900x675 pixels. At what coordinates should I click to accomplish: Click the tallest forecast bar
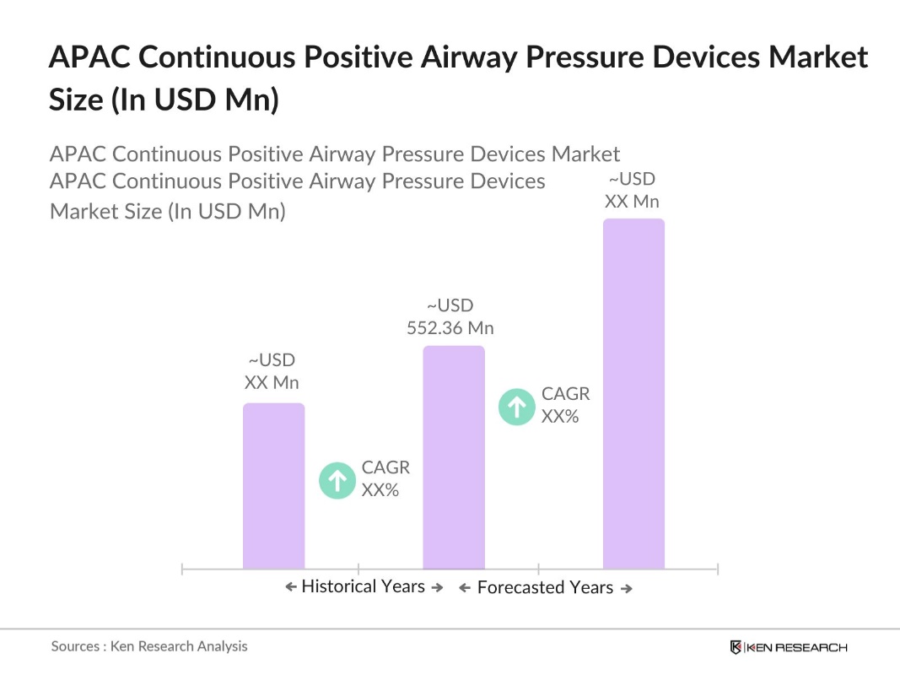click(633, 393)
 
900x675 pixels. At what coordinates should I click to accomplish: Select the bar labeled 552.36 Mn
click(454, 456)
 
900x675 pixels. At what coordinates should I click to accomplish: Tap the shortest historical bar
click(273, 485)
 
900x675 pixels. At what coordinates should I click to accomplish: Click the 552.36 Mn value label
click(450, 328)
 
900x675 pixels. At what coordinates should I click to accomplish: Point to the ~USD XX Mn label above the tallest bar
click(632, 191)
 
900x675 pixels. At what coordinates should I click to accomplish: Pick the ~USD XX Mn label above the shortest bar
click(272, 372)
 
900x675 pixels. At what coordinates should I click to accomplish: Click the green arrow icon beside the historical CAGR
click(337, 481)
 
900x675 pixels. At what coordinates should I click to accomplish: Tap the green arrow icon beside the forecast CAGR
click(517, 407)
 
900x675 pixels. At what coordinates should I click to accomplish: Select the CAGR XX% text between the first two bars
click(385, 478)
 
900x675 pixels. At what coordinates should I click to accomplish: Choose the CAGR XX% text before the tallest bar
click(564, 404)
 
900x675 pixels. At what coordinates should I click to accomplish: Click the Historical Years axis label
click(363, 586)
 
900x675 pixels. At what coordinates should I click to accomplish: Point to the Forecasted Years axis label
click(545, 588)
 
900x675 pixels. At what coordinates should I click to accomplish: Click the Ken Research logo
click(788, 647)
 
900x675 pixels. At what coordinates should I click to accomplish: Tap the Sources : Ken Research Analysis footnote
click(149, 646)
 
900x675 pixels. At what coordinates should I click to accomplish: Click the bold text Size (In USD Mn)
click(164, 100)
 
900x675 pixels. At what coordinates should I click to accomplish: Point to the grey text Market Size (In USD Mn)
click(168, 211)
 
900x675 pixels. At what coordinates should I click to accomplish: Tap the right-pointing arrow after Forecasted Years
click(627, 589)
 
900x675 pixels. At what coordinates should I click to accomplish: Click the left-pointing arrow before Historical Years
click(290, 587)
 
